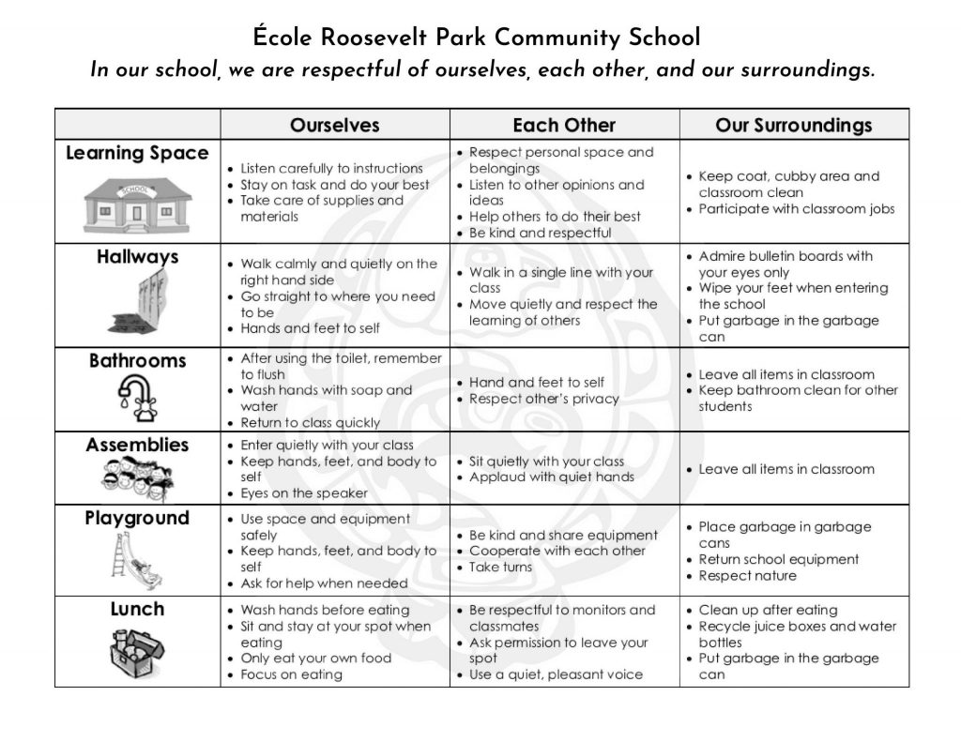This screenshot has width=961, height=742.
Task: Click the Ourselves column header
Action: coord(334,126)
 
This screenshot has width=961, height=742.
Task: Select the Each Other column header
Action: coord(564,126)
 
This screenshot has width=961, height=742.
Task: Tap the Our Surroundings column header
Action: coord(793,126)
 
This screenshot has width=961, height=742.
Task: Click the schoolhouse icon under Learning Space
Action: coord(137,201)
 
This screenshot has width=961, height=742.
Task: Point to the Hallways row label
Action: coord(137,257)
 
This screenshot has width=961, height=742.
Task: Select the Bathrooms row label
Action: coord(137,361)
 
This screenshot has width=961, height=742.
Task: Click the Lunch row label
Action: coord(137,610)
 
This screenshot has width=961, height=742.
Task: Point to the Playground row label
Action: coord(137,519)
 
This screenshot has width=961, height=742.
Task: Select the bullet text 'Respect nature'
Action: coord(747,576)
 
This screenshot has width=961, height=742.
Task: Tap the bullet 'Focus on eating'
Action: coord(291,674)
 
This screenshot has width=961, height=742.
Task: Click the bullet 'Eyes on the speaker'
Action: coord(304,493)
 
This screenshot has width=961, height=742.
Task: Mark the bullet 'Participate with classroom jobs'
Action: coord(797,209)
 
